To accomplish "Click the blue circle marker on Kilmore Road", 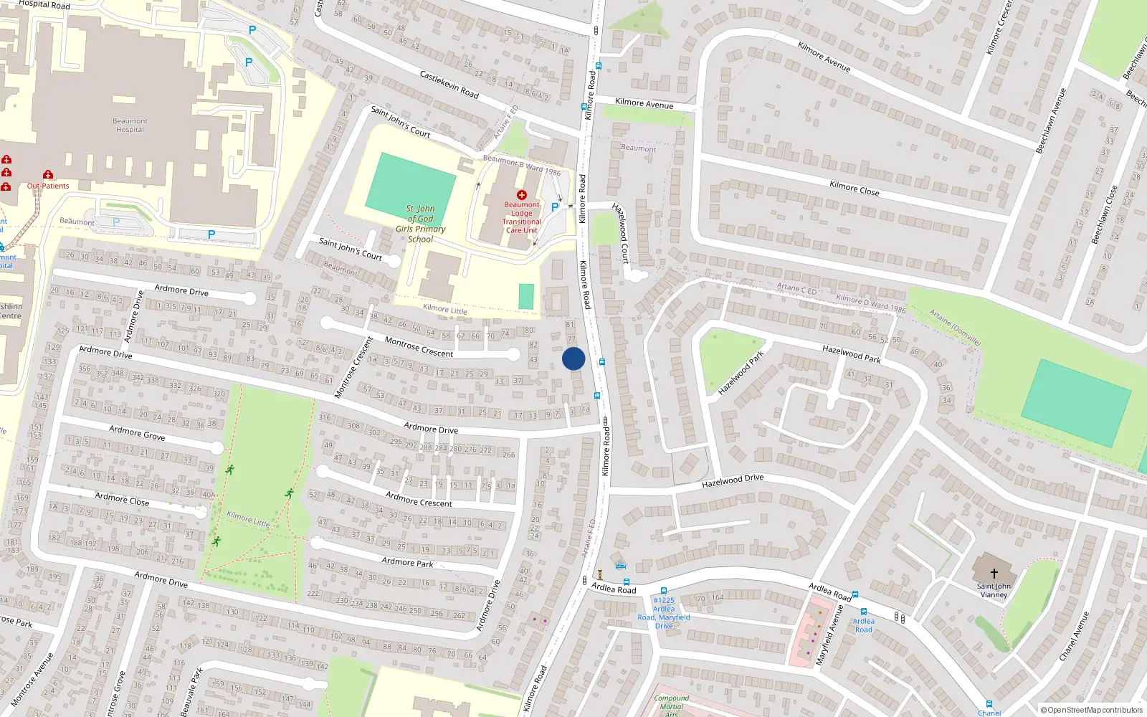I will pos(573,358).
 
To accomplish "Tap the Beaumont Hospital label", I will pos(130,125).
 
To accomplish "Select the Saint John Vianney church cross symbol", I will pos(994,574).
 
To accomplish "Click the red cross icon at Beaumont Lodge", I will pos(522,195).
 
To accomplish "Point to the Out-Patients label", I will pos(48,186).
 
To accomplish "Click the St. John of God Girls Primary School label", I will pos(421,224).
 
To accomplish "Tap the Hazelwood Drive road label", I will pos(733,480).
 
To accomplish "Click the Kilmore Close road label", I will pos(854,189).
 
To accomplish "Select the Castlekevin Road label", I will pos(449,85).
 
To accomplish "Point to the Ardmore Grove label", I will pos(137,432).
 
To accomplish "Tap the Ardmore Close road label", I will pos(123,499).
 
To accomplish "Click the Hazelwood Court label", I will pos(621,233).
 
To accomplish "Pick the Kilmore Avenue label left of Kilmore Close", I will pos(644,103).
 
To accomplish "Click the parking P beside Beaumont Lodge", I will pos(555,207).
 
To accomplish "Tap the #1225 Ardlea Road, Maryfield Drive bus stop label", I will pos(664,613).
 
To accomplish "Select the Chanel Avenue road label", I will pos(1074,636).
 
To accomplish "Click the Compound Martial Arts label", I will pos(672,706).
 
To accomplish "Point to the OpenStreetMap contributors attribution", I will pos(1092,710).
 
